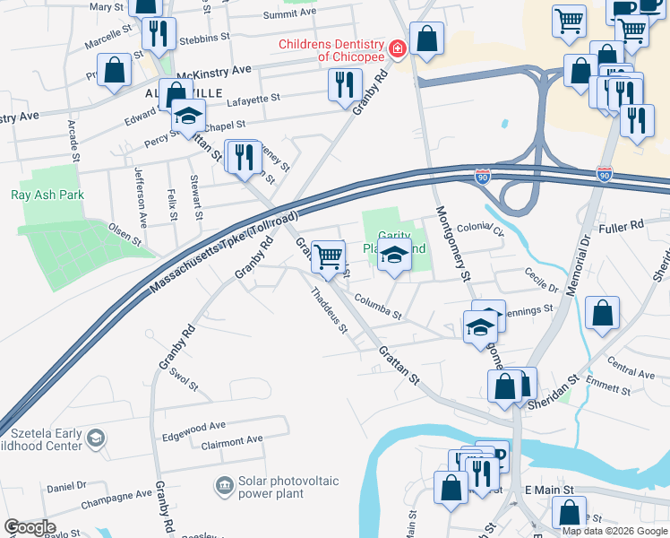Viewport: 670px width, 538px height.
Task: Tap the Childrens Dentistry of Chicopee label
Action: tap(331, 49)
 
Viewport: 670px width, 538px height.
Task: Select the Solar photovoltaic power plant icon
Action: tap(223, 487)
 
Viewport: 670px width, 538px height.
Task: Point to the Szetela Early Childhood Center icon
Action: tap(96, 439)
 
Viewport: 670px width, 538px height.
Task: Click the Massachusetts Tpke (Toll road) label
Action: tap(224, 251)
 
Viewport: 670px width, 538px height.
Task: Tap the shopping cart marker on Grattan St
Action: tap(329, 257)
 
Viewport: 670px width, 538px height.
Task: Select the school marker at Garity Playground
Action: tap(392, 256)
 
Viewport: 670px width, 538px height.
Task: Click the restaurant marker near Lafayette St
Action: tap(344, 85)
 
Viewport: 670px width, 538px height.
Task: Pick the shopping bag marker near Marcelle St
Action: tap(115, 70)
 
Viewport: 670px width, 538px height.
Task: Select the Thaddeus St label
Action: tap(329, 309)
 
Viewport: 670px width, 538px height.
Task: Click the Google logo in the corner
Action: tap(30, 527)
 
